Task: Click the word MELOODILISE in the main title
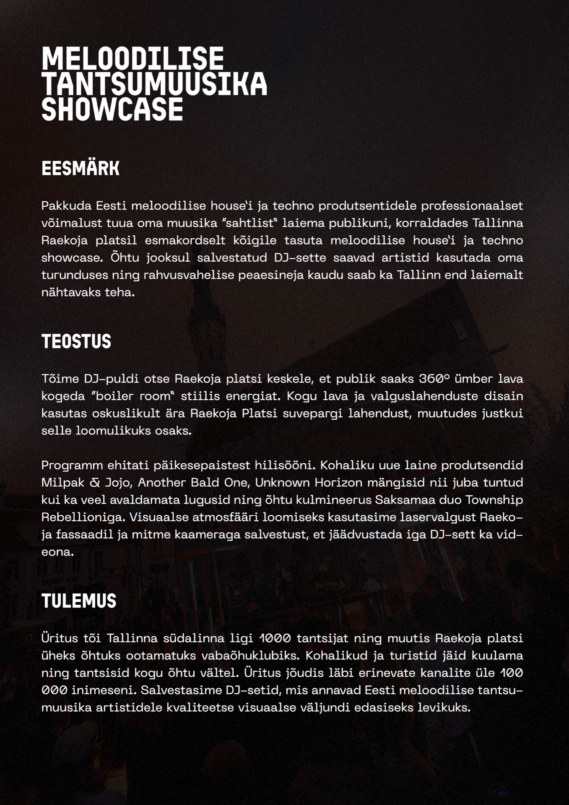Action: click(133, 58)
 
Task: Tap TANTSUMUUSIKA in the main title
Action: click(154, 84)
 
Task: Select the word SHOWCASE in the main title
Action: click(112, 109)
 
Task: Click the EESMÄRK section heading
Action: click(80, 169)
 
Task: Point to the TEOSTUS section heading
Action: click(76, 341)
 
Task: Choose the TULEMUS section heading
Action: click(78, 601)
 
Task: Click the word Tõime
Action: click(60, 379)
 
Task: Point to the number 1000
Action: click(275, 638)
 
